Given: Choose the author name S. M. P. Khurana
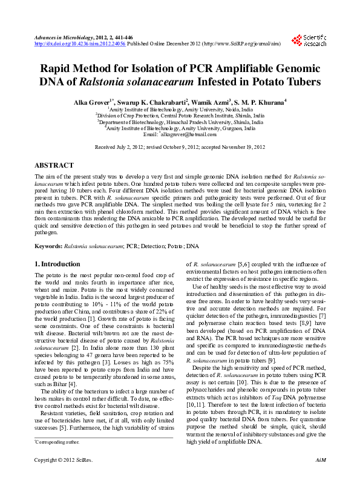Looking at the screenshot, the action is (x=258, y=101).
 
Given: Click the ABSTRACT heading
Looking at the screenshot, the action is (x=54, y=165).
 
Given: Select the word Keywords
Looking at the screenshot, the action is (x=48, y=246).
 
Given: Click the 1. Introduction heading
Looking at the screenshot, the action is (x=57, y=264).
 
